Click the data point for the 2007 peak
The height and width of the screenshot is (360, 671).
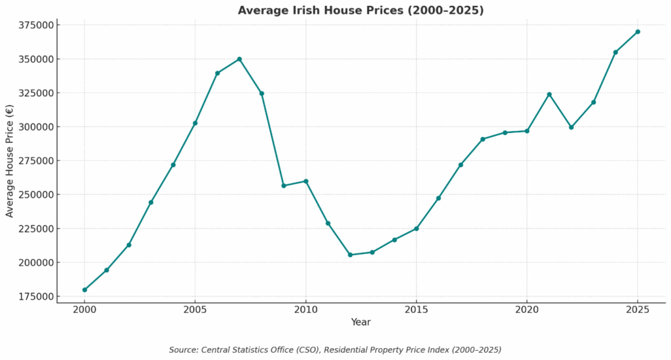click(239, 59)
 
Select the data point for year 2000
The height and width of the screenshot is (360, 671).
click(85, 290)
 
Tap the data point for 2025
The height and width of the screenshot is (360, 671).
click(638, 31)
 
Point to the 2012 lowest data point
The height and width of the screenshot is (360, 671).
click(350, 254)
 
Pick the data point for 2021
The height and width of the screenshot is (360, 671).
click(549, 94)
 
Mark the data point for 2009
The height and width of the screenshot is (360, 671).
click(284, 186)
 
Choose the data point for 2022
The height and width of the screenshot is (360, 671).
click(571, 127)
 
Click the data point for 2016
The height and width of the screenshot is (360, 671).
click(438, 198)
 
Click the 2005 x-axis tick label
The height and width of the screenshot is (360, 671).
click(195, 309)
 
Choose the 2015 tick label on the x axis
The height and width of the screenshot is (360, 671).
click(416, 309)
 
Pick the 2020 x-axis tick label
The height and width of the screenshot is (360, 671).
click(527, 309)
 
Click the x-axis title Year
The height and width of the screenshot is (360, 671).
click(360, 322)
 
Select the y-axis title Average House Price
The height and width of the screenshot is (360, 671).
click(10, 161)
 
